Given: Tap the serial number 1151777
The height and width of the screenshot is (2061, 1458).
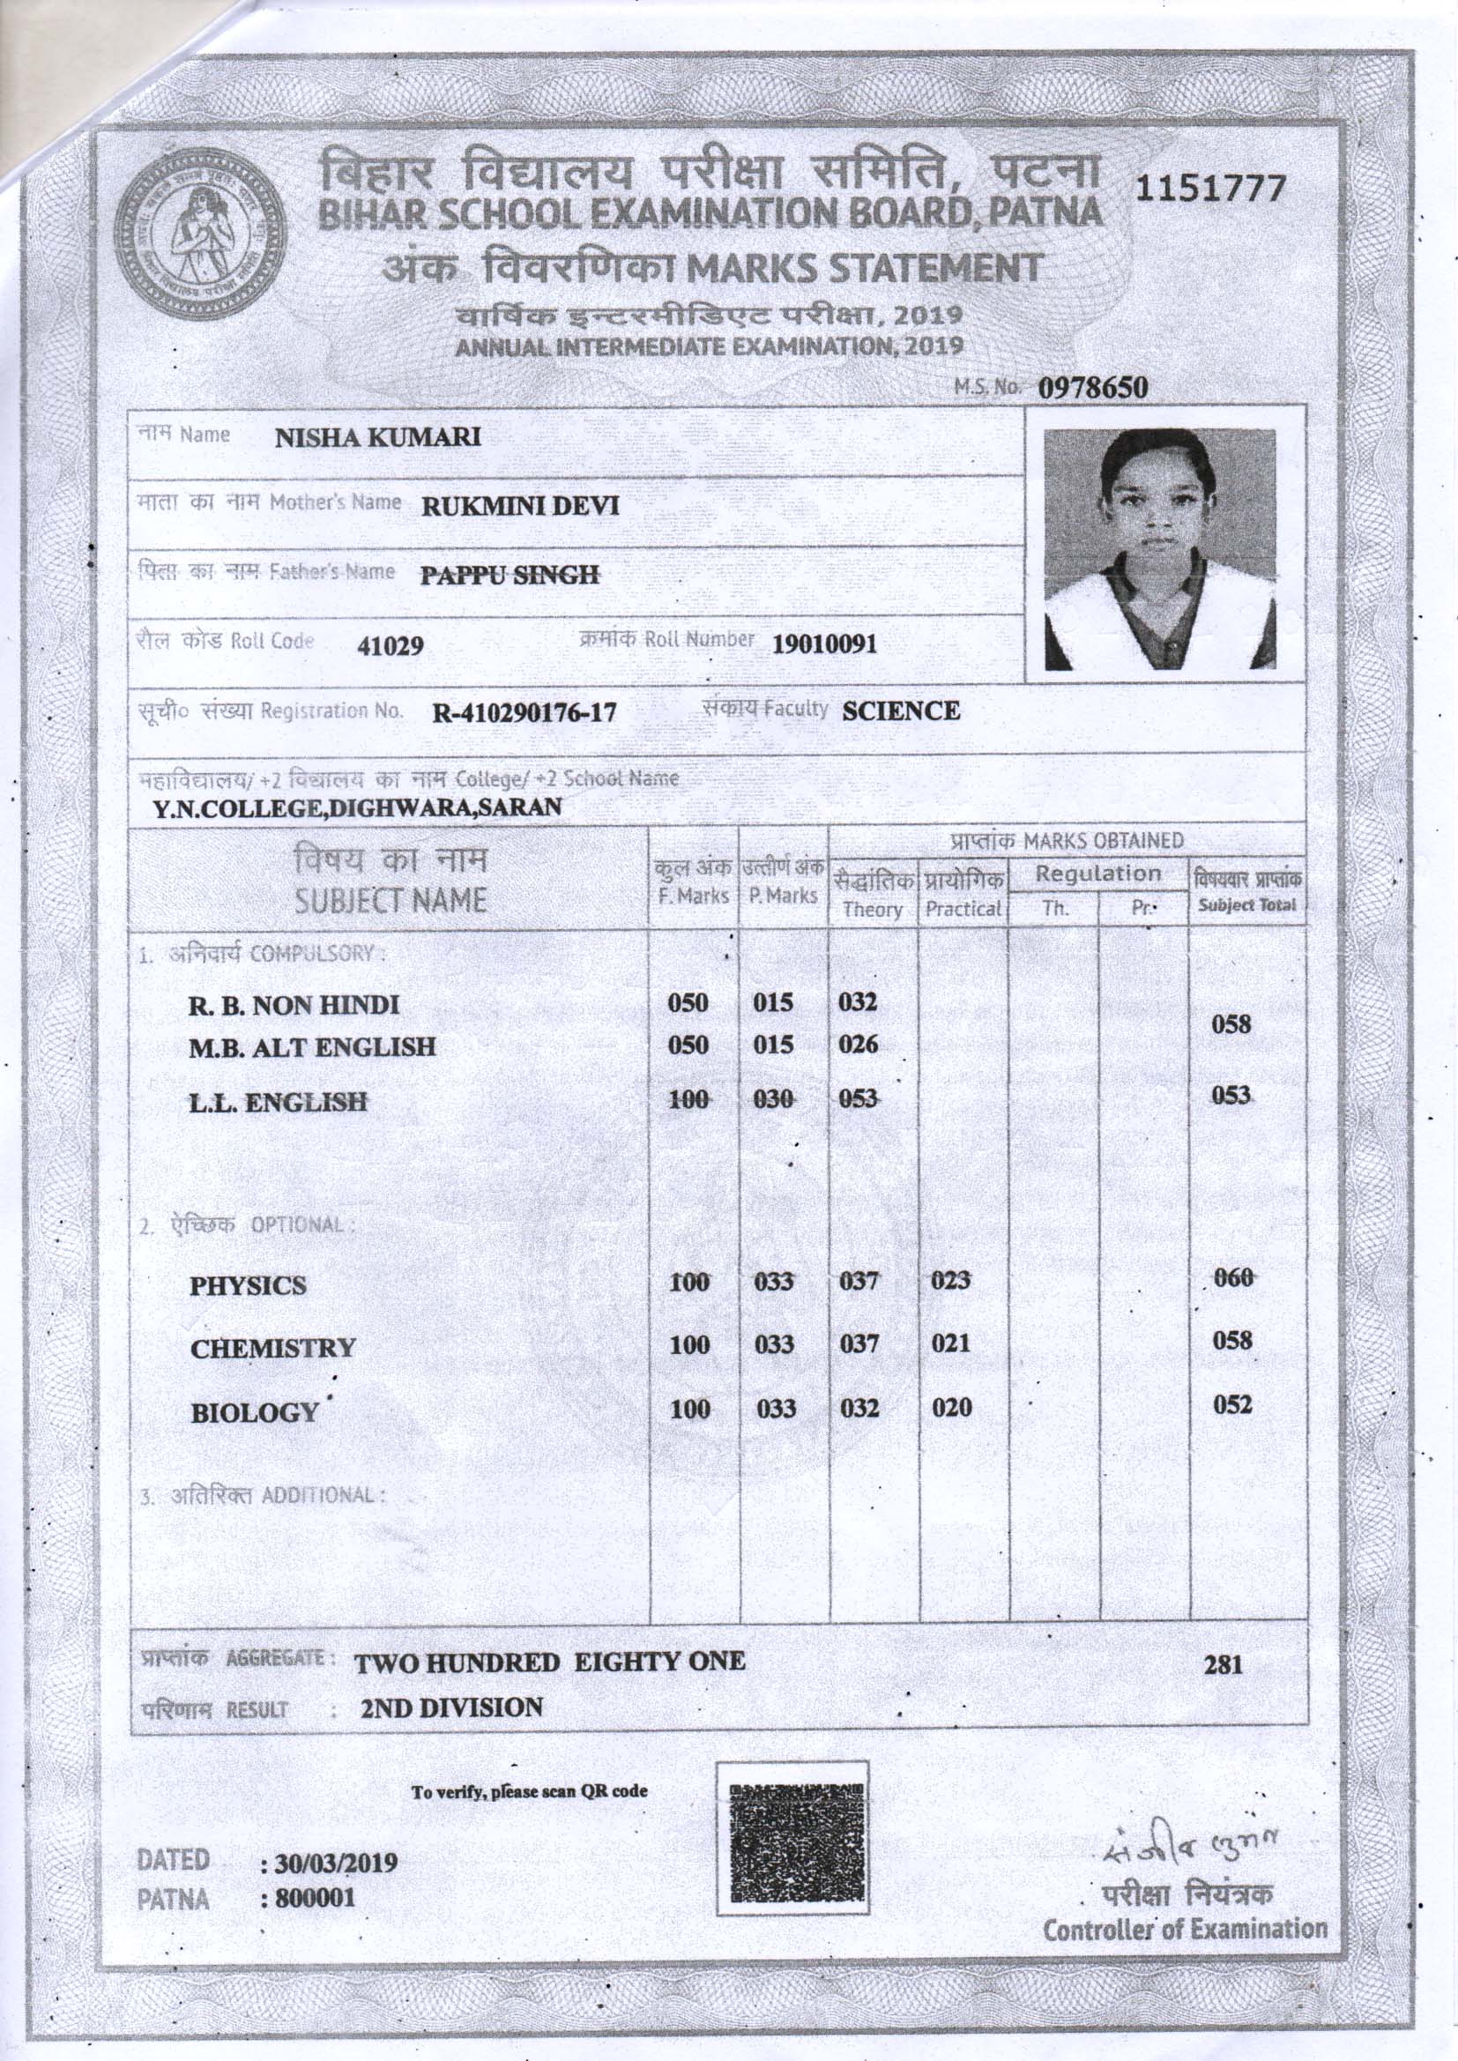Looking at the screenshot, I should pyautogui.click(x=1211, y=189).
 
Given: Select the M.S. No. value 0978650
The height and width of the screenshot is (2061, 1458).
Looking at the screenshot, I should pyautogui.click(x=1093, y=388).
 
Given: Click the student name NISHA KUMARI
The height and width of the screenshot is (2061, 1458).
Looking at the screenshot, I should pyautogui.click(x=377, y=437).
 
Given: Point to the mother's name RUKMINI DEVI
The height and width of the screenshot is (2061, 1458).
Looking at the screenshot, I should pyautogui.click(x=521, y=506).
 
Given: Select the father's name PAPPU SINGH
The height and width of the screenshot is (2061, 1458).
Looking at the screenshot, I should pyautogui.click(x=510, y=575).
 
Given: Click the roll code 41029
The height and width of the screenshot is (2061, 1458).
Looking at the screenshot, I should pyautogui.click(x=390, y=645).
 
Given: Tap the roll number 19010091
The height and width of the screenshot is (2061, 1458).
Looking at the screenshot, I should pyautogui.click(x=824, y=644).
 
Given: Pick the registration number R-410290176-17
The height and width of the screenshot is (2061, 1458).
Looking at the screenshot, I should pyautogui.click(x=524, y=714).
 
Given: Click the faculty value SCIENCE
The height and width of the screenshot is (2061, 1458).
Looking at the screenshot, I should pyautogui.click(x=901, y=711).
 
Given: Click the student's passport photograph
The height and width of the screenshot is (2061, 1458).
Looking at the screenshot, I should pyautogui.click(x=1160, y=548).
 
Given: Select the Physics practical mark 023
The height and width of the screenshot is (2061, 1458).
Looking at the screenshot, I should pyautogui.click(x=950, y=1281).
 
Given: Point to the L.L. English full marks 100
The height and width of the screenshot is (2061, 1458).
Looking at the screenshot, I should pyautogui.click(x=689, y=1098).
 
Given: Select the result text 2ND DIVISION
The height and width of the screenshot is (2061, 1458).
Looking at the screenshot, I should pyautogui.click(x=451, y=1708).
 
